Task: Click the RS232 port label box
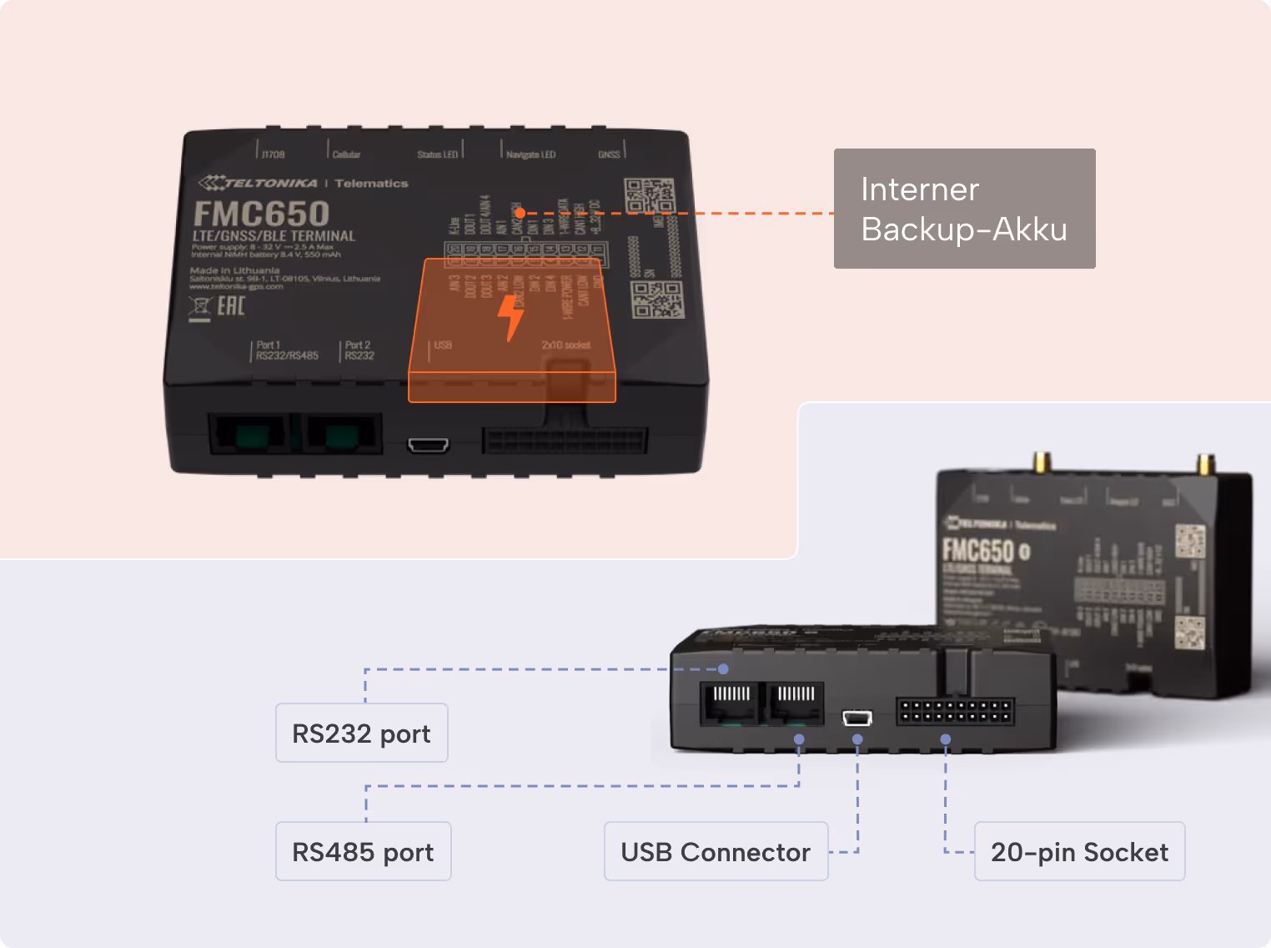361,733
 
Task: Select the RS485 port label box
363,851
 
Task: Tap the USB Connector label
716,851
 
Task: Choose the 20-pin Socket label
1079,851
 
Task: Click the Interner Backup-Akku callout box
964,209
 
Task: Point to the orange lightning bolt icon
510,317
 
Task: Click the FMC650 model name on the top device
261,214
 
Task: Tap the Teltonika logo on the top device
259,183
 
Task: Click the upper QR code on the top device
649,197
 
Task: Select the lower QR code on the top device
657,300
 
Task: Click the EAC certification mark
230,306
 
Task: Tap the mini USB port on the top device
428,445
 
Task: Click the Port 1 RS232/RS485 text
286,350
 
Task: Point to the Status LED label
438,154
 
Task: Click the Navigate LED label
530,154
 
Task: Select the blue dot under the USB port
857,739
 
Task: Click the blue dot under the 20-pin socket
945,739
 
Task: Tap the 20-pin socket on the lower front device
955,712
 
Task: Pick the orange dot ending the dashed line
520,213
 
